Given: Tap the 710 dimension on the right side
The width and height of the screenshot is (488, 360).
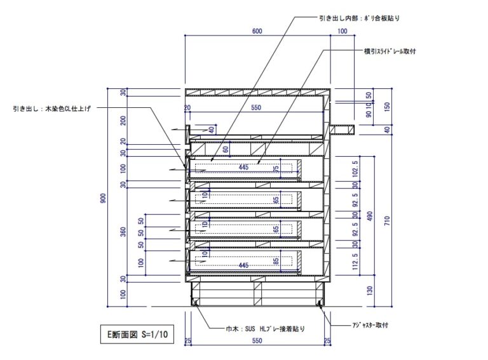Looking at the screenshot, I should [x=387, y=220].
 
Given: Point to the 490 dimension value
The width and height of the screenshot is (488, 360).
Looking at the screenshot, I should [x=370, y=215].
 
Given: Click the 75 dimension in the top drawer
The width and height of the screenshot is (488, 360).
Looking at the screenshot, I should [x=276, y=168].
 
